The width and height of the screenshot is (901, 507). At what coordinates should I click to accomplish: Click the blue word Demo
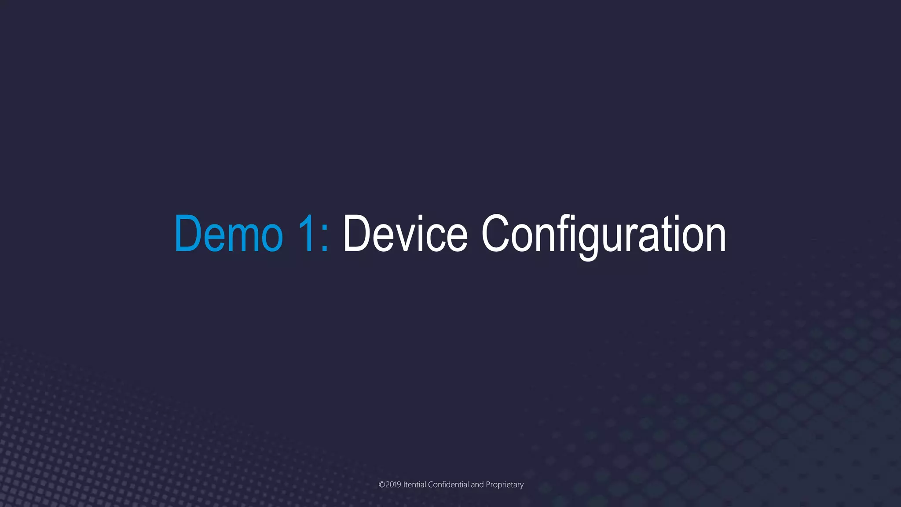click(x=228, y=234)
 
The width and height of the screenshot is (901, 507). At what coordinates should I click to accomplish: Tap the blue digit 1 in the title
click(x=307, y=234)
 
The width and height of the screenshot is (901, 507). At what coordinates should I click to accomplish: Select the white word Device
click(x=405, y=234)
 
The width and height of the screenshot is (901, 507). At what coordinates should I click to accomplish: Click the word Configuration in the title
click(x=603, y=234)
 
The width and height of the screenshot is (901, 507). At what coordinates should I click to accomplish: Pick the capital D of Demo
click(x=188, y=234)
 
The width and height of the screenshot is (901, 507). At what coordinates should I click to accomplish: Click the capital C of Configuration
click(x=496, y=234)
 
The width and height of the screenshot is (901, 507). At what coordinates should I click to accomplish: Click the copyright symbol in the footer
click(x=382, y=485)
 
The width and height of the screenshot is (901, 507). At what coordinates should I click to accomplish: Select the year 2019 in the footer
click(x=393, y=485)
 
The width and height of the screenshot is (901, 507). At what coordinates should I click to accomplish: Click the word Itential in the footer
click(x=414, y=485)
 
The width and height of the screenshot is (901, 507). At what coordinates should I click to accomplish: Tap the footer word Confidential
click(x=448, y=485)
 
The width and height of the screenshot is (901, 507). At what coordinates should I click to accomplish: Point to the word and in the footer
click(x=477, y=485)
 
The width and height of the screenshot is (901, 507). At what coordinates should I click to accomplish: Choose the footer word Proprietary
click(x=505, y=485)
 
